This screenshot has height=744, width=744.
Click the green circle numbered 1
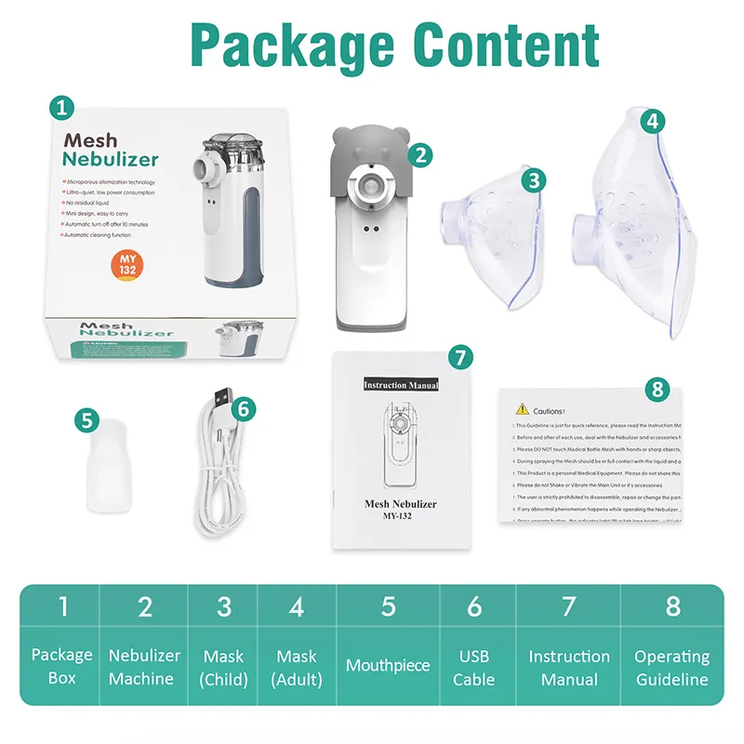(61, 108)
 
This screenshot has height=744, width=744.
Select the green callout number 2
(420, 155)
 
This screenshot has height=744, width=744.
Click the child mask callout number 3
(533, 180)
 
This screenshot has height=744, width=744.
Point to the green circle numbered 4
(655, 121)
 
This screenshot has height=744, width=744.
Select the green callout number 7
(458, 356)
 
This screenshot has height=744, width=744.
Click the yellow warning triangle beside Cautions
(522, 409)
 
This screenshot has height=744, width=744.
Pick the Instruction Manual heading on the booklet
(400, 384)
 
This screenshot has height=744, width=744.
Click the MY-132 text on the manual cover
(400, 518)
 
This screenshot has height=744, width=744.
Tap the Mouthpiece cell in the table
(388, 666)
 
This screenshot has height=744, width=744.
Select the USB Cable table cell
(474, 667)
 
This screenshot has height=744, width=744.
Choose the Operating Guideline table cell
(671, 667)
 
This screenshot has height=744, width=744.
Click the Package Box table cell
(62, 667)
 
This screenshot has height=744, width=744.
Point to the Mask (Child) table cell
(224, 667)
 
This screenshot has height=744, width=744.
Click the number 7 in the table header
(569, 607)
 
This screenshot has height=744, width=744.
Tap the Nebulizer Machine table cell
(145, 667)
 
